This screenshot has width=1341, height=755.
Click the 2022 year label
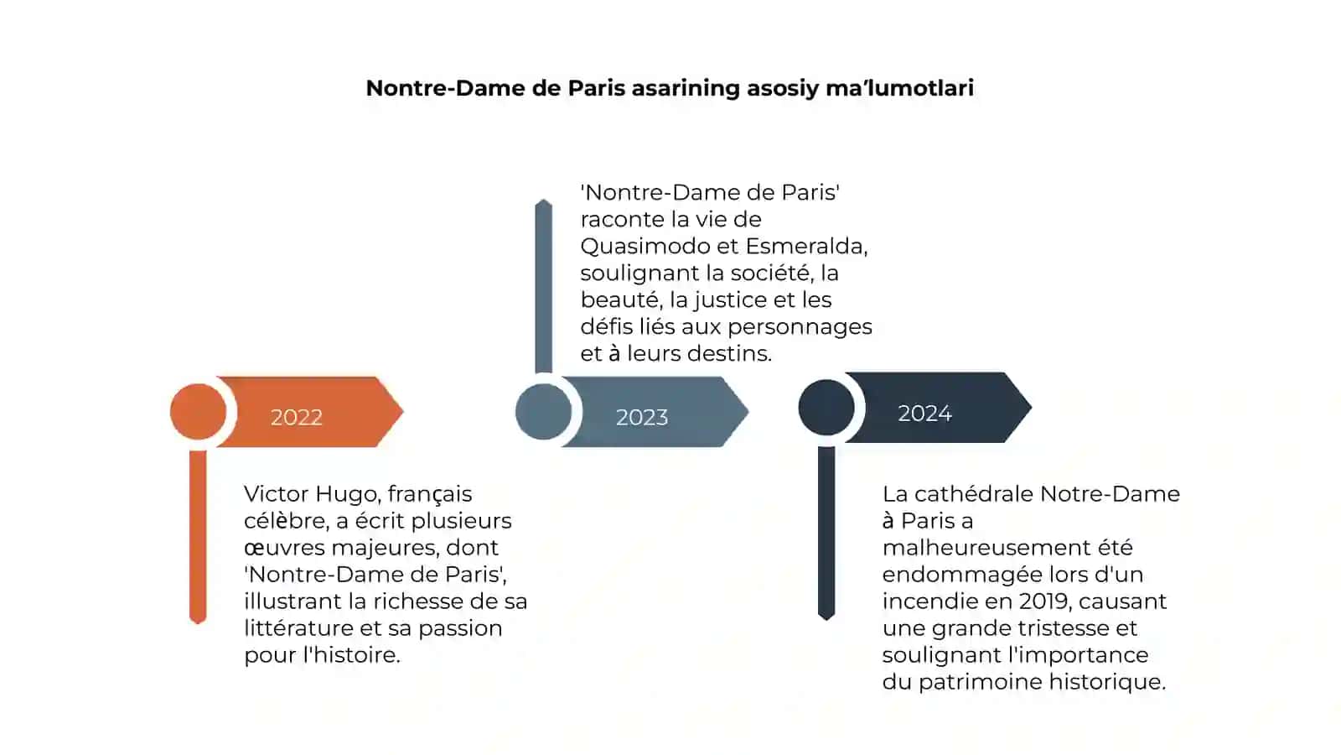tap(297, 417)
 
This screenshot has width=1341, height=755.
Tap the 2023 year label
tap(642, 417)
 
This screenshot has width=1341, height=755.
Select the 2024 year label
tap(925, 413)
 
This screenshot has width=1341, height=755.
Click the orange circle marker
tap(198, 412)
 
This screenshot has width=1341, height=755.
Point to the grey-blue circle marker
tap(544, 412)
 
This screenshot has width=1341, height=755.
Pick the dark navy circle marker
tap(826, 408)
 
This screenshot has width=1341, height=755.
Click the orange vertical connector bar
tap(198, 537)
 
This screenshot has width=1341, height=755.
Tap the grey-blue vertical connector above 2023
tap(544, 286)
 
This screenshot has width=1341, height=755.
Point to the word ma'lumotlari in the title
tap(900, 88)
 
